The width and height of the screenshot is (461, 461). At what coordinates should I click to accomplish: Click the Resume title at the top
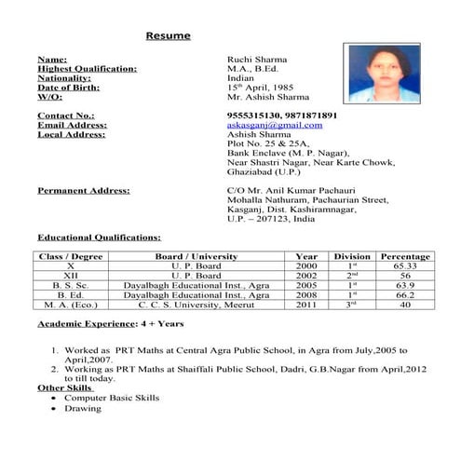[168, 36]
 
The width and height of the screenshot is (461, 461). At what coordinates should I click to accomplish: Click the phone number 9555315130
[254, 115]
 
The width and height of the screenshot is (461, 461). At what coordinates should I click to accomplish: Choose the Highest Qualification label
[87, 68]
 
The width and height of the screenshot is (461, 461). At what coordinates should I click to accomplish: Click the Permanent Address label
[83, 190]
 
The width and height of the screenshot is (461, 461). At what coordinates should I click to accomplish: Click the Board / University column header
[197, 256]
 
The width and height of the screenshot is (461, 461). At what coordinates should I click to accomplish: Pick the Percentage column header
[405, 256]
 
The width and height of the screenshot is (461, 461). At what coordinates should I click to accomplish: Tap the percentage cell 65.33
[405, 265]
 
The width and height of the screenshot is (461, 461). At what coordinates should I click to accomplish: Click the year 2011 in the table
[306, 304]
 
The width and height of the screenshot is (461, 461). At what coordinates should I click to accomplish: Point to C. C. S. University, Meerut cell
[197, 304]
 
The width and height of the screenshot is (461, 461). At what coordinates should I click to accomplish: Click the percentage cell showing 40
[405, 304]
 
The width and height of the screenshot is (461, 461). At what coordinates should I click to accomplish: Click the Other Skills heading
[65, 386]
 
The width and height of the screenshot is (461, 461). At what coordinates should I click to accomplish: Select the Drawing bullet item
[83, 408]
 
